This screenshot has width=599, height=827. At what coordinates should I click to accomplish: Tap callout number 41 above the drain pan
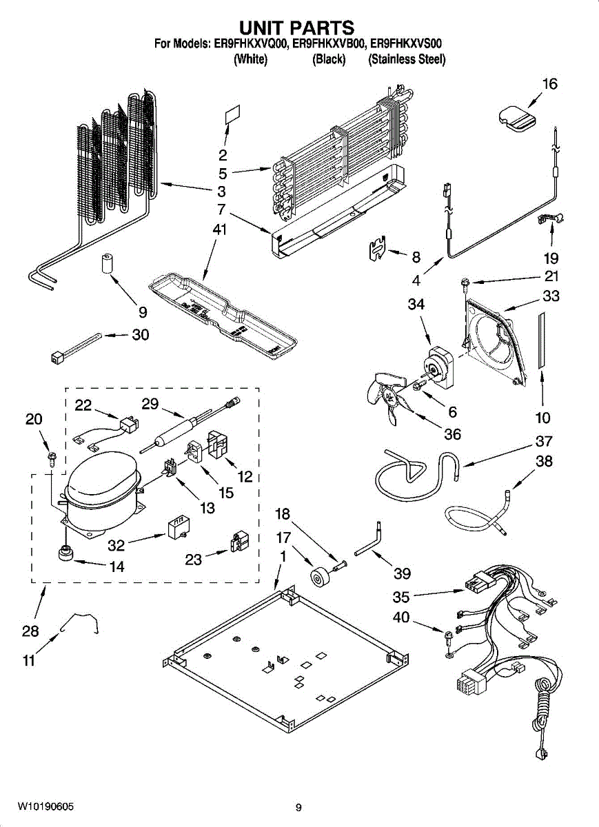tap(219, 229)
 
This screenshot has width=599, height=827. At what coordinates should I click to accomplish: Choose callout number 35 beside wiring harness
tap(401, 597)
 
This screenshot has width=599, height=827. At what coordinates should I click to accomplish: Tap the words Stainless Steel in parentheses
tap(407, 59)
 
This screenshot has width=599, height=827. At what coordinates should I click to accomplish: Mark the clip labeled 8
tap(378, 247)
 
